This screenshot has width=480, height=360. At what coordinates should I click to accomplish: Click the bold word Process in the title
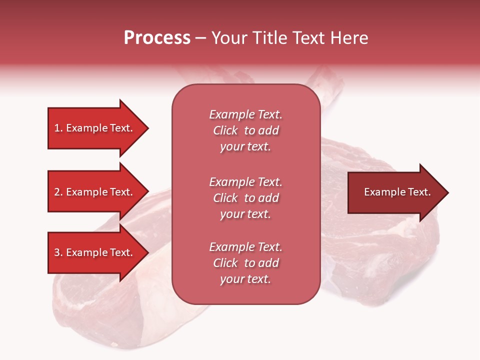[x=157, y=38]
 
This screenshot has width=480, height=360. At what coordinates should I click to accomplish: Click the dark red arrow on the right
[x=395, y=192]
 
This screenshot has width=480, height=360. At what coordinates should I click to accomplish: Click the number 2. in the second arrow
[x=58, y=192]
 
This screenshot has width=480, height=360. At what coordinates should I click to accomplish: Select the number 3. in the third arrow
[x=58, y=252]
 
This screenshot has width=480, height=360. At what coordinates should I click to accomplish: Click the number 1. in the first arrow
[x=58, y=128]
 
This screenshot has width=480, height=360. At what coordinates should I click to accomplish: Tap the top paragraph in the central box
[x=245, y=130]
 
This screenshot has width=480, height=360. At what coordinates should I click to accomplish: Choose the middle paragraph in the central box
[x=245, y=198]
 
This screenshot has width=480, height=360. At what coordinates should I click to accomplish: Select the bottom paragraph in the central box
[x=245, y=263]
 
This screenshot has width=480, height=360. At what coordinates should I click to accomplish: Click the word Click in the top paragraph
[x=225, y=130]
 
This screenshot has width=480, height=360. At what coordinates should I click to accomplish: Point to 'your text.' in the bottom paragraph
[x=245, y=279]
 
